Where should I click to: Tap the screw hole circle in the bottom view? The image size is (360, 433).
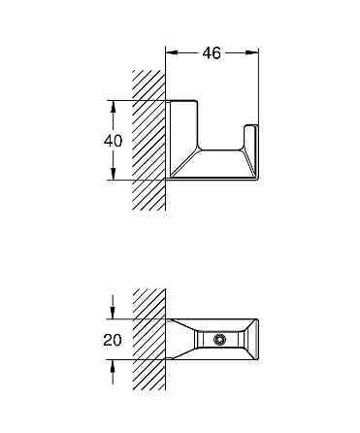(220, 340)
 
